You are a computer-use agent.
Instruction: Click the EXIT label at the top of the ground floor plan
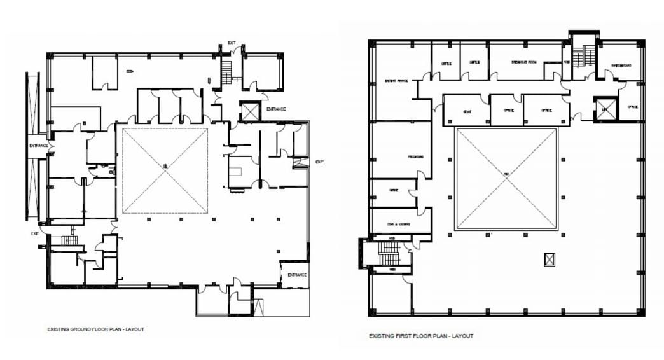click(232, 43)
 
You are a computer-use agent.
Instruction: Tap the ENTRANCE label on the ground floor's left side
click(38, 146)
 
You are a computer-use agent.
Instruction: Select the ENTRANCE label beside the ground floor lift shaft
click(275, 109)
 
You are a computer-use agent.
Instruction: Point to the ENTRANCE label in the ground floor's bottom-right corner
click(296, 275)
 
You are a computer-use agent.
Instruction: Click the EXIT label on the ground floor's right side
click(319, 162)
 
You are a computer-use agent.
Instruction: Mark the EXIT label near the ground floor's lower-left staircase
click(34, 233)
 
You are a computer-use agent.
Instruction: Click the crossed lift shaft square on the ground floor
click(250, 111)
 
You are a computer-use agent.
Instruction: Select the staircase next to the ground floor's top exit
click(226, 70)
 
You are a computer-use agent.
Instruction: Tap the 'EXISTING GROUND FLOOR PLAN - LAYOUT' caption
click(96, 329)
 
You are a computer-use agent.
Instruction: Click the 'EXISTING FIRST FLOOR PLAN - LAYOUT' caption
click(421, 336)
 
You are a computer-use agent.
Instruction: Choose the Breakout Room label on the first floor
click(525, 62)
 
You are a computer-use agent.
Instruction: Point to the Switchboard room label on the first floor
click(620, 66)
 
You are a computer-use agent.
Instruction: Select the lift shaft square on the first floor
click(605, 109)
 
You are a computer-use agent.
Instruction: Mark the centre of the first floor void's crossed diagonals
click(507, 178)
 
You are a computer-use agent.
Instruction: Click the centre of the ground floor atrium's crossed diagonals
click(165, 170)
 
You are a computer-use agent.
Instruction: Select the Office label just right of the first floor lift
click(633, 107)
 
